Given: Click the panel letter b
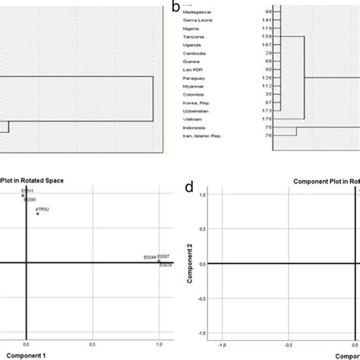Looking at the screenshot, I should click(x=176, y=8).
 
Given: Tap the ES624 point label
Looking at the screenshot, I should click(x=166, y=264).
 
